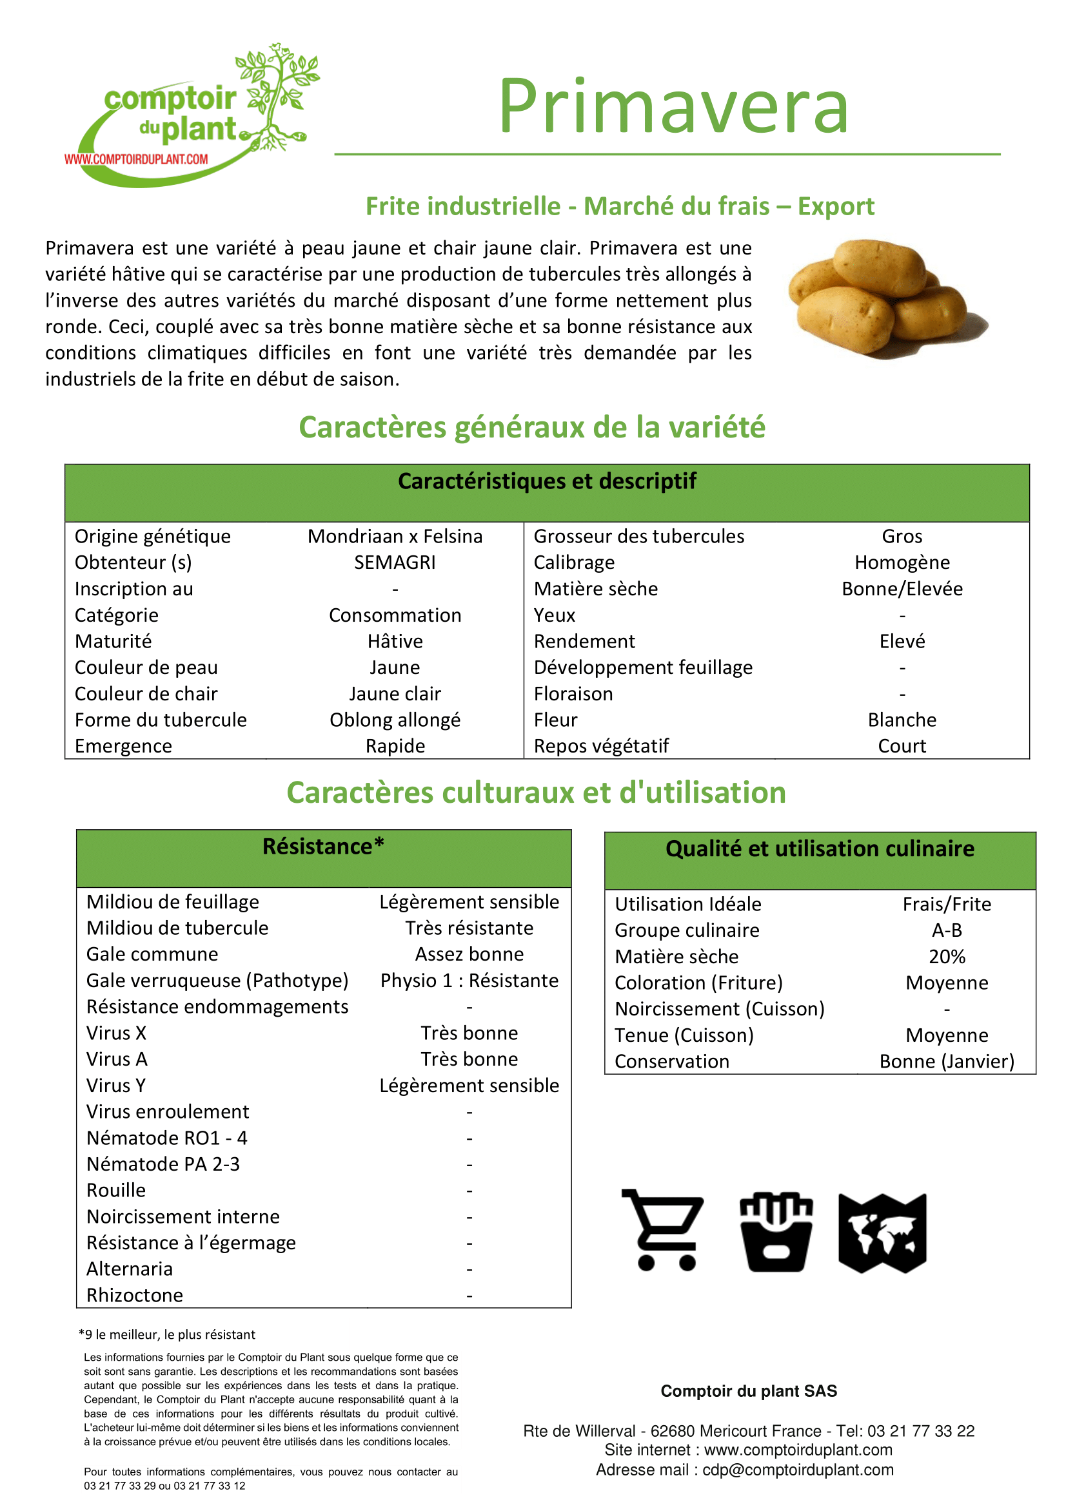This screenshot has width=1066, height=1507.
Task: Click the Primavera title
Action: pos(673,106)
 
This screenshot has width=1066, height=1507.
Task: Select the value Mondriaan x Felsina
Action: pos(395,536)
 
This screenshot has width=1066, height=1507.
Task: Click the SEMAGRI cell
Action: pos(395,562)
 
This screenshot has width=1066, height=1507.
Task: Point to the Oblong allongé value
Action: pos(395,720)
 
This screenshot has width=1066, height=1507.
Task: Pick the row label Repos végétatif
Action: pos(601,746)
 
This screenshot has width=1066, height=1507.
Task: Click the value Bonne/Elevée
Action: pos(902,589)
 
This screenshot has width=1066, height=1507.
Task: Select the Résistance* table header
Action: pos(323,847)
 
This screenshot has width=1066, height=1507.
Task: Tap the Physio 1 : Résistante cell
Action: pos(469,981)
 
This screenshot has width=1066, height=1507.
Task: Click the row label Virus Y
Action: pos(116,1086)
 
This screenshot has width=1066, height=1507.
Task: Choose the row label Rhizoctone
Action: pos(135,1295)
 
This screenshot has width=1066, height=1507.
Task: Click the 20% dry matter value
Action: pos(947,957)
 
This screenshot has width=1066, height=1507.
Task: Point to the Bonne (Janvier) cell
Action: pos(947,1061)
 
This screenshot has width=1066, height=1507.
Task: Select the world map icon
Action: pos(882,1232)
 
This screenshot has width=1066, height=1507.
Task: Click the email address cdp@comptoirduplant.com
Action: pos(798,1470)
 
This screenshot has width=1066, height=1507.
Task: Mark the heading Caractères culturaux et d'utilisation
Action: pos(536,793)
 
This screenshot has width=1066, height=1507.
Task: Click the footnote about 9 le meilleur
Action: pos(167,1334)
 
